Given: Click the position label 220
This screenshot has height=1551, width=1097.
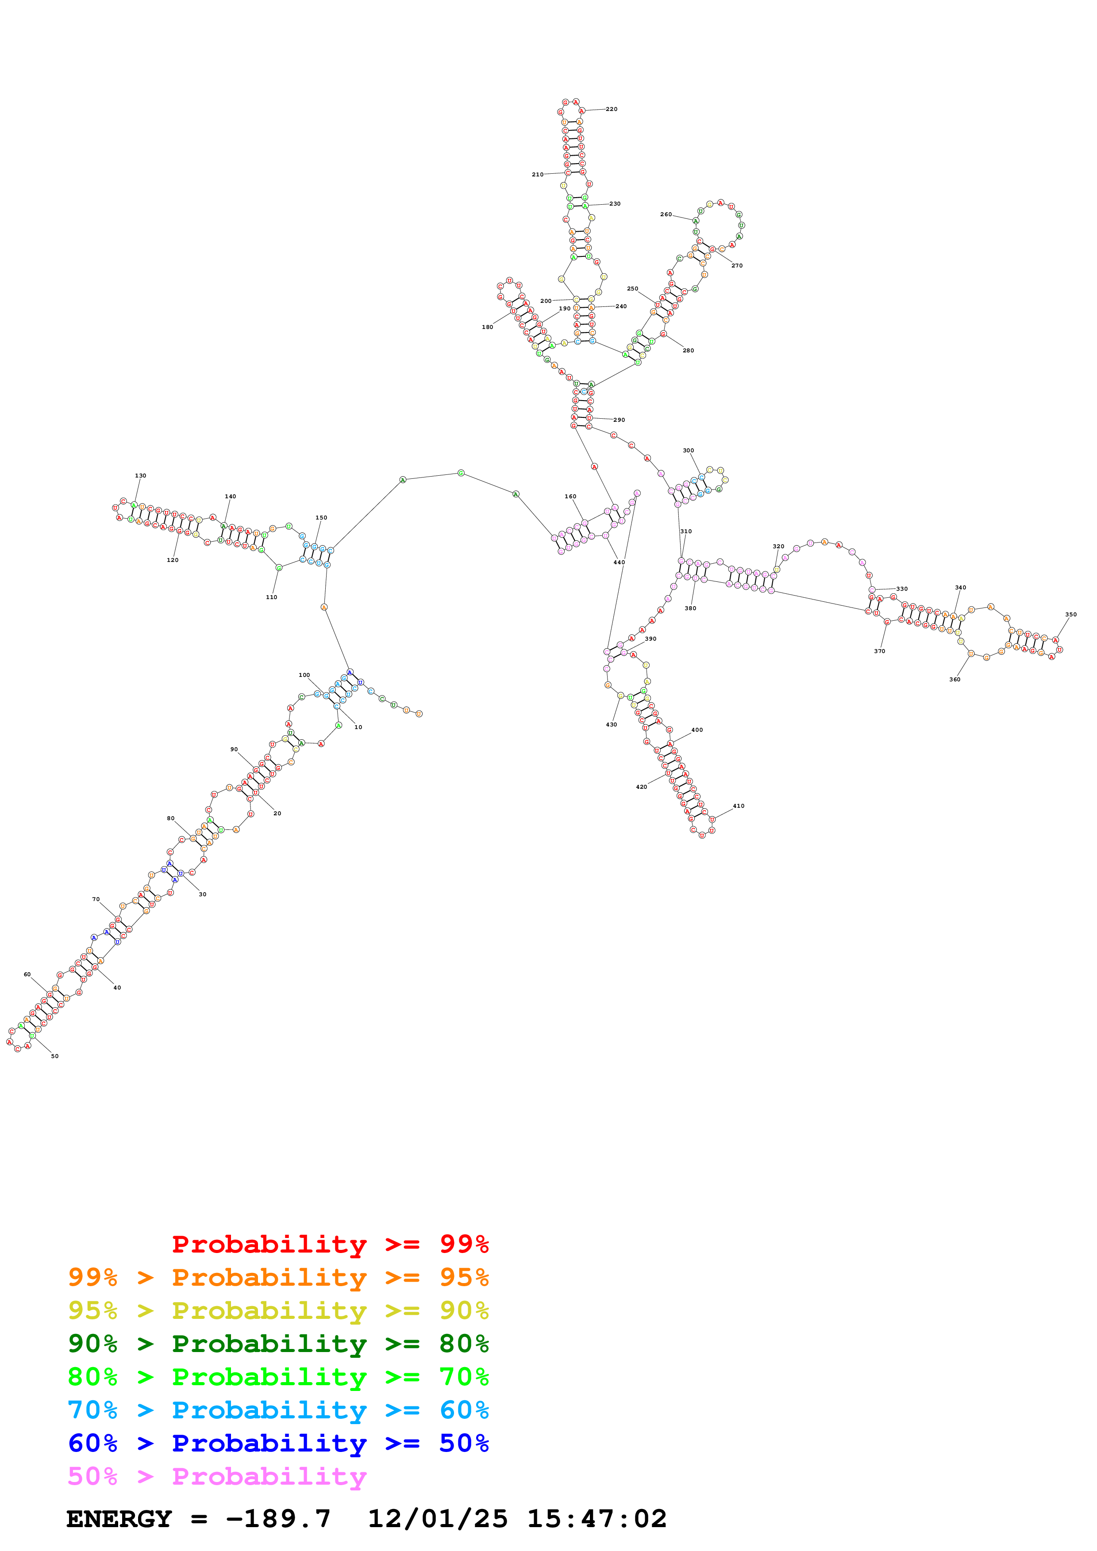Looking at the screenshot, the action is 611,109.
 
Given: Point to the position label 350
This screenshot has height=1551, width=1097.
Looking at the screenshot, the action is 1070,615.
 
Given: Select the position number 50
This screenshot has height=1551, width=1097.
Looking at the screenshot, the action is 55,1056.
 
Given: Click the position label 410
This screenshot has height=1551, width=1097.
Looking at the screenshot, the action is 738,806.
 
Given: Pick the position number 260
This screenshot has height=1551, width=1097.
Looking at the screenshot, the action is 666,214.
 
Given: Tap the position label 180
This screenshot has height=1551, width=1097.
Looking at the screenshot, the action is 487,327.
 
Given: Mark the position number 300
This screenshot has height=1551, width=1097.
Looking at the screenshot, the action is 688,451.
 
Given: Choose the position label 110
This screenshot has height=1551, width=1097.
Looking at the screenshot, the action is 271,597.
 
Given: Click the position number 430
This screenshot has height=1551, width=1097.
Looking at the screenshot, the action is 611,725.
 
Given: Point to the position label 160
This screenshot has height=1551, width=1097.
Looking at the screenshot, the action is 570,497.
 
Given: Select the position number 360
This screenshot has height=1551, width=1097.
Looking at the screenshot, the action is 955,680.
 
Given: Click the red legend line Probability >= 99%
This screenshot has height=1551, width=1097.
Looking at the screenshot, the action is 330,1244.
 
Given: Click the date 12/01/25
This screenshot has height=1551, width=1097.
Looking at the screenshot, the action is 437,1519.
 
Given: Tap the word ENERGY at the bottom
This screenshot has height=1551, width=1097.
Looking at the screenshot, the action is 119,1519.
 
